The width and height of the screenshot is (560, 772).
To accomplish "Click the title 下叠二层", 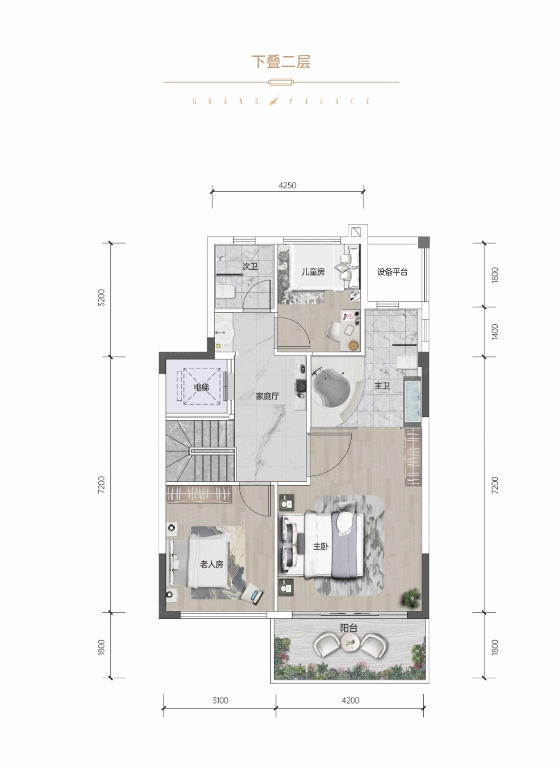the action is pyautogui.click(x=281, y=62).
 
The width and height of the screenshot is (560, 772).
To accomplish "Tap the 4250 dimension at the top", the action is pyautogui.click(x=287, y=185).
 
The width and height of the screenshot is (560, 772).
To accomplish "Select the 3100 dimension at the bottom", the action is pyautogui.click(x=220, y=700).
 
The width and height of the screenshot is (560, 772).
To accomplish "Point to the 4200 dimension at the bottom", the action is pyautogui.click(x=351, y=700).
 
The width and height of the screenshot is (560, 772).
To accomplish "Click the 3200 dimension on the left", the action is pyautogui.click(x=101, y=298).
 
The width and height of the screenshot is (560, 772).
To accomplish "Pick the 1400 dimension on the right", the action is pyautogui.click(x=494, y=331).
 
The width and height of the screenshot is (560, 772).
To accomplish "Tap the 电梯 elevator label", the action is pyautogui.click(x=202, y=387).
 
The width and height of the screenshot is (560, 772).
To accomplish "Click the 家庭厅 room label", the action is pyautogui.click(x=267, y=396).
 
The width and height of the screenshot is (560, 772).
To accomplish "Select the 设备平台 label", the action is pyautogui.click(x=392, y=272).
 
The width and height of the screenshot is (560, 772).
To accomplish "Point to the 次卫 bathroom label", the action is pyautogui.click(x=250, y=266).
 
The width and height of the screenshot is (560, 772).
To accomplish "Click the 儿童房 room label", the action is pyautogui.click(x=313, y=272).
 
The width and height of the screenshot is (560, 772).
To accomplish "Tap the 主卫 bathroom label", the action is pyautogui.click(x=382, y=386).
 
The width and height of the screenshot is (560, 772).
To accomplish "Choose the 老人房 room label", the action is pyautogui.click(x=212, y=564).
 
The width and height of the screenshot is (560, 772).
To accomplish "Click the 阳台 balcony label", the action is pyautogui.click(x=348, y=628).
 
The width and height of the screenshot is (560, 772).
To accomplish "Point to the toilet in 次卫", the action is pyautogui.click(x=227, y=292).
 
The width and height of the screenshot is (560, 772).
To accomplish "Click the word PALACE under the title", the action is pyautogui.click(x=330, y=101).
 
